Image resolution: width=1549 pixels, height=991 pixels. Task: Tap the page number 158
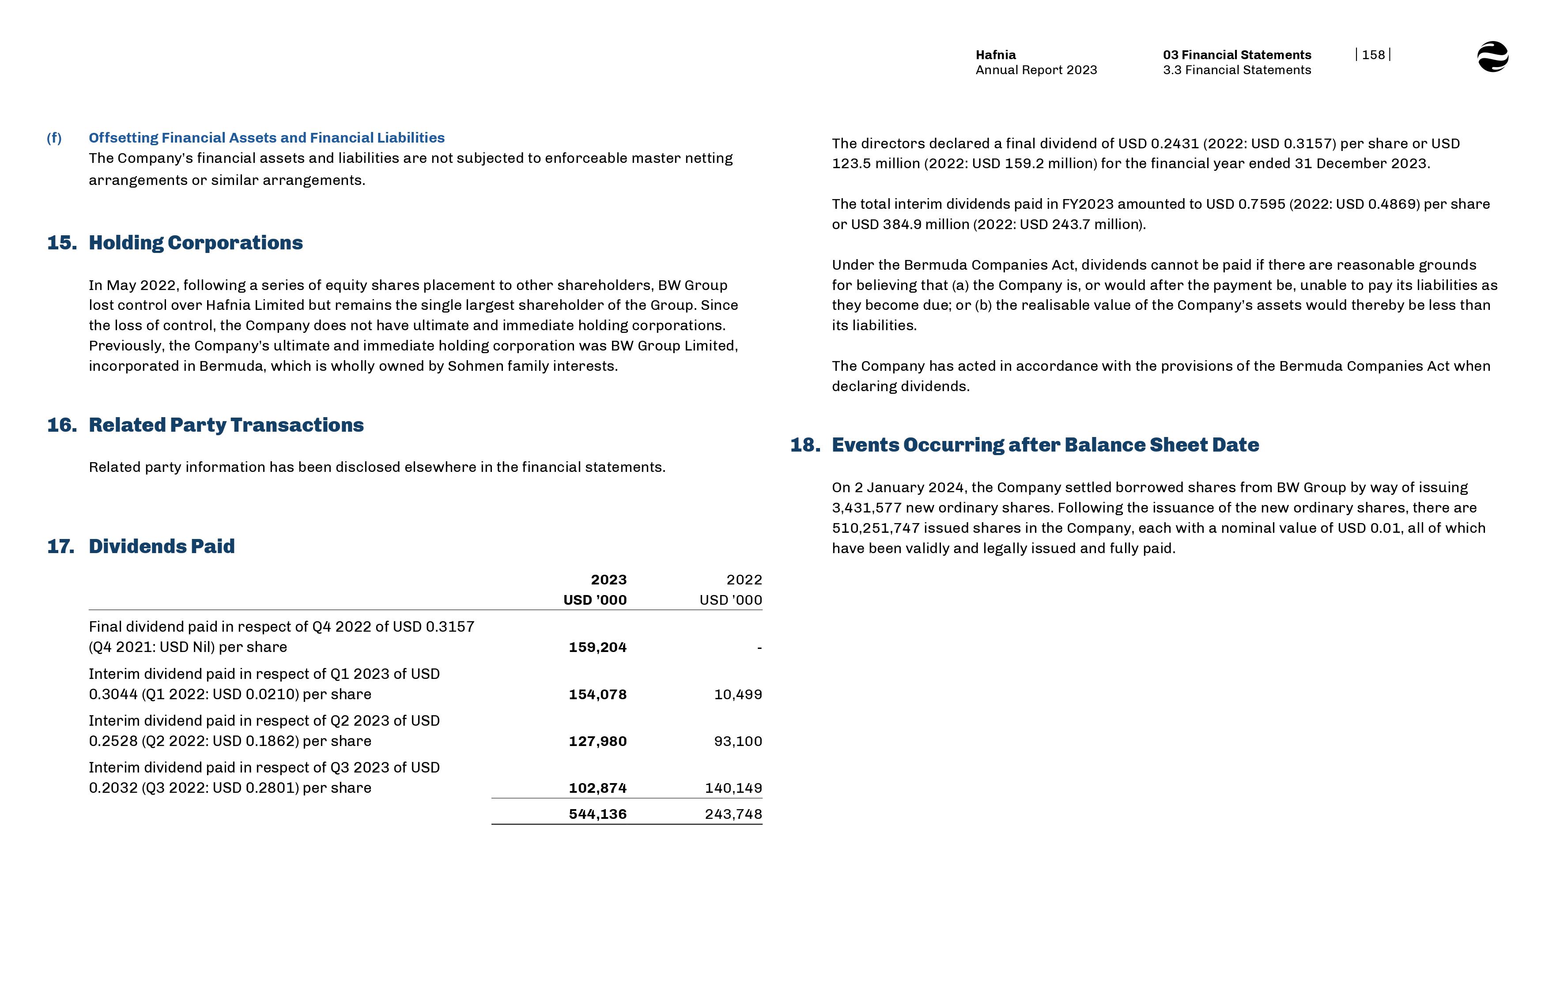tap(1373, 55)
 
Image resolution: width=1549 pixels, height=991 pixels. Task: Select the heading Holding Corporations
tap(196, 243)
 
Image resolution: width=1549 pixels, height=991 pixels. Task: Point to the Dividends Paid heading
tap(162, 546)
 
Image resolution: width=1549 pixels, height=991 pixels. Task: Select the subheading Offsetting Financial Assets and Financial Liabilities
tap(266, 138)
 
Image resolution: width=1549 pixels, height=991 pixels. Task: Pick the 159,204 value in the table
tap(597, 648)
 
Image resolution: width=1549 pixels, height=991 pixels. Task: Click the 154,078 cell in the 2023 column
tap(597, 694)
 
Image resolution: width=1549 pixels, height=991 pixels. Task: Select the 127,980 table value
tap(597, 741)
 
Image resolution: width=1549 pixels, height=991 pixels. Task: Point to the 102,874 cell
tap(597, 788)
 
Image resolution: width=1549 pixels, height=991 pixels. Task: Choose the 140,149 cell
tap(733, 788)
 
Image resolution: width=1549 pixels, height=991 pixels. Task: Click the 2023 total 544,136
tap(597, 814)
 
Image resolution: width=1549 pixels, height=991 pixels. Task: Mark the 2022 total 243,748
tap(733, 814)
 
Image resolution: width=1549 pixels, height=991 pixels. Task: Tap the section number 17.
tap(60, 546)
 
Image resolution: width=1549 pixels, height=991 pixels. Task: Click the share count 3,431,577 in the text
tap(866, 508)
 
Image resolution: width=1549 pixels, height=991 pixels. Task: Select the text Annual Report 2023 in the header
tap(1036, 70)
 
